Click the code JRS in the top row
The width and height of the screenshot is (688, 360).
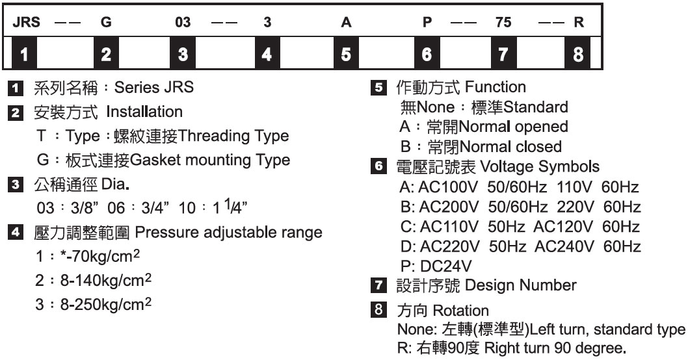[x=27, y=22]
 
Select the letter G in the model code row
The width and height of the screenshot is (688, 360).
[x=105, y=22]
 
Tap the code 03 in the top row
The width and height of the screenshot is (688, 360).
[x=183, y=22]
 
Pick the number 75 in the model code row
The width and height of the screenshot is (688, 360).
[x=503, y=22]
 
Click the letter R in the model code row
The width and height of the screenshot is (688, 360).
[x=578, y=22]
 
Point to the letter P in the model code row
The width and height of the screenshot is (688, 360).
[x=427, y=22]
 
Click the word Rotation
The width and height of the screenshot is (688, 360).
[x=465, y=311]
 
